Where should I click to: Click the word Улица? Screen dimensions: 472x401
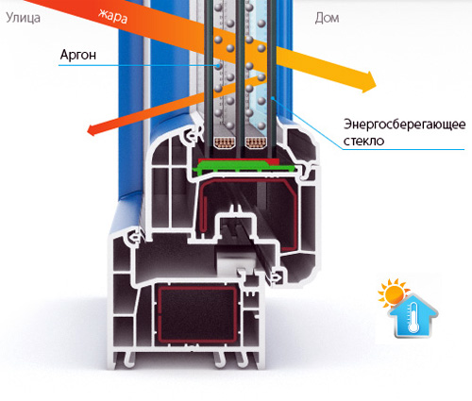[x=23, y=18]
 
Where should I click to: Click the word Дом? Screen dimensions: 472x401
[x=327, y=18]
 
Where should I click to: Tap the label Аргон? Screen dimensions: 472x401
[x=78, y=55]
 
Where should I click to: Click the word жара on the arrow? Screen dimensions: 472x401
[x=112, y=16]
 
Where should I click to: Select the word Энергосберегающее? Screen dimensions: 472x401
[x=404, y=125]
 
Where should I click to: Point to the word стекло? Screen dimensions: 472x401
[x=363, y=141]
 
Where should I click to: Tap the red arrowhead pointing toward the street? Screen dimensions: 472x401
[x=93, y=129]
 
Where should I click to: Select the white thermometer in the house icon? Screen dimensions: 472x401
[x=413, y=318]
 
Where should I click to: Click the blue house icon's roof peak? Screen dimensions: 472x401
[x=413, y=295]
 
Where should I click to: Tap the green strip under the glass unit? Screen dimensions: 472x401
[x=243, y=167]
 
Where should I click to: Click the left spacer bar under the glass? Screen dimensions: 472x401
[x=224, y=142]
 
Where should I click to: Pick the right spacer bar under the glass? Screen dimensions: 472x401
[x=256, y=142]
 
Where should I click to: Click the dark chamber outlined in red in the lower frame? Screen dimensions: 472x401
[x=197, y=314]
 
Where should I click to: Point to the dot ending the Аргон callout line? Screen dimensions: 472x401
[x=218, y=65]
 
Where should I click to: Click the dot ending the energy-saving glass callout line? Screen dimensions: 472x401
[x=273, y=99]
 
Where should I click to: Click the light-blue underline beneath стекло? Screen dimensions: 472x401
[x=403, y=149]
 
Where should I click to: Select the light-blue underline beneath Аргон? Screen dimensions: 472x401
[x=138, y=65]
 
